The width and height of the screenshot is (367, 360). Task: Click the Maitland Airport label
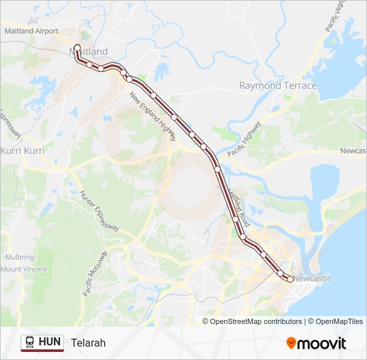tap(31, 31)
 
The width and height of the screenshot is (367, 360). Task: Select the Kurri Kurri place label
tap(23, 151)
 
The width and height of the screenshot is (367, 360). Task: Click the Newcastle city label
tap(312, 278)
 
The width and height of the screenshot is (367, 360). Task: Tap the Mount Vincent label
tap(23, 269)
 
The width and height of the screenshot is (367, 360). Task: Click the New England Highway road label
tap(153, 115)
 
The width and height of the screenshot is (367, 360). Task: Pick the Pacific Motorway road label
tap(96, 273)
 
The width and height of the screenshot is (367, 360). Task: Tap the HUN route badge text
tap(50, 342)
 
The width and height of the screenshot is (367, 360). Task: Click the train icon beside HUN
tap(30, 342)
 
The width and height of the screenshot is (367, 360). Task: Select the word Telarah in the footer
tap(88, 343)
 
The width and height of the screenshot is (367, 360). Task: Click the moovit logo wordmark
tap(323, 343)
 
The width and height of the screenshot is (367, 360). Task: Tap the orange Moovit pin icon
tap(292, 343)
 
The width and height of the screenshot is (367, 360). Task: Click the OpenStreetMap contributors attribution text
tap(256, 321)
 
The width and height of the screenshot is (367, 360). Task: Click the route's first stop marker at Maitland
tap(77, 48)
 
